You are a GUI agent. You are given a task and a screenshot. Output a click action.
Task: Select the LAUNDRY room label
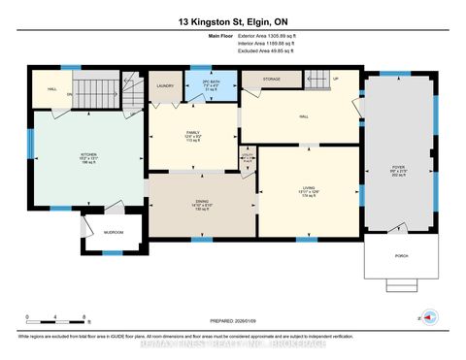pos(165,85)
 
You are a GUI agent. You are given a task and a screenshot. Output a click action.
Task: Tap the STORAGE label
pos(271,80)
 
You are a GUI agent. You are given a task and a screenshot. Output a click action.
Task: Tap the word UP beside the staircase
pos(336,79)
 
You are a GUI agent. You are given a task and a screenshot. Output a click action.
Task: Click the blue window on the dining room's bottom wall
pos(203,237)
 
